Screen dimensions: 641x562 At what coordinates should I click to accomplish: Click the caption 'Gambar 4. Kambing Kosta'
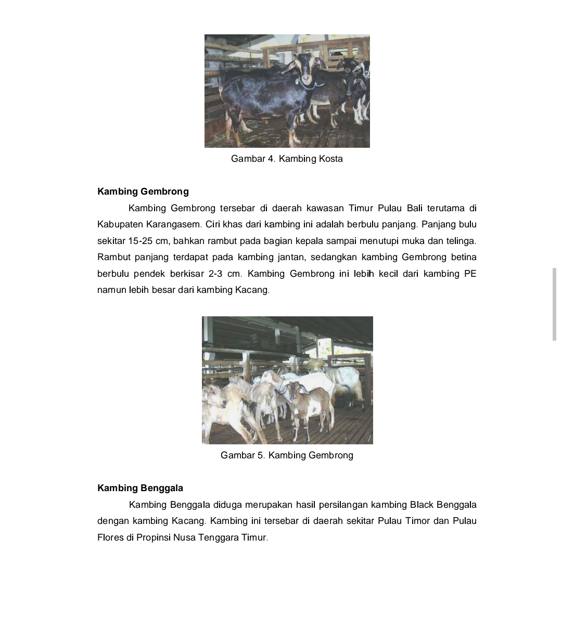point(287,159)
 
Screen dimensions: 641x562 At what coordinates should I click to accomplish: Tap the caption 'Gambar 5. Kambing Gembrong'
point(287,455)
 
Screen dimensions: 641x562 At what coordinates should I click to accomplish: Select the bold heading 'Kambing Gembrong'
point(143,191)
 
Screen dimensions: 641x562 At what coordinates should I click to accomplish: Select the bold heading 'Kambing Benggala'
point(140,488)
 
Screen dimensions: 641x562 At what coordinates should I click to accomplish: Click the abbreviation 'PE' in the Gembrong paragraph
point(470,274)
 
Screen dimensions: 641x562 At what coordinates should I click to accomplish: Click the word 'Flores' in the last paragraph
point(110,537)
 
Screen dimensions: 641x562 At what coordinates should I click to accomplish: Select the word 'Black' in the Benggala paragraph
point(421,505)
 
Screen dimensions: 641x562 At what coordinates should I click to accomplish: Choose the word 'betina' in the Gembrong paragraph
point(464,257)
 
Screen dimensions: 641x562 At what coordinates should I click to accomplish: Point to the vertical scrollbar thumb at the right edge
point(554,304)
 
